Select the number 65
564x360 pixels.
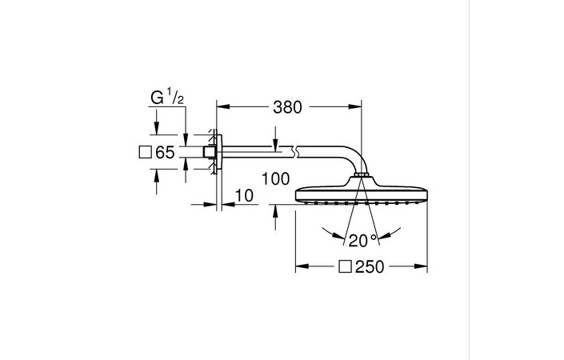pos(165,152)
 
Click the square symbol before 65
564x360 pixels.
pos(145,152)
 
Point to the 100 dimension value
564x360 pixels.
pos(274,179)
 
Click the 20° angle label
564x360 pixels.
pos(357,239)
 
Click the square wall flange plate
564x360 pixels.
pos(220,152)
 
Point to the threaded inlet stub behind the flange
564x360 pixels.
pos(209,152)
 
